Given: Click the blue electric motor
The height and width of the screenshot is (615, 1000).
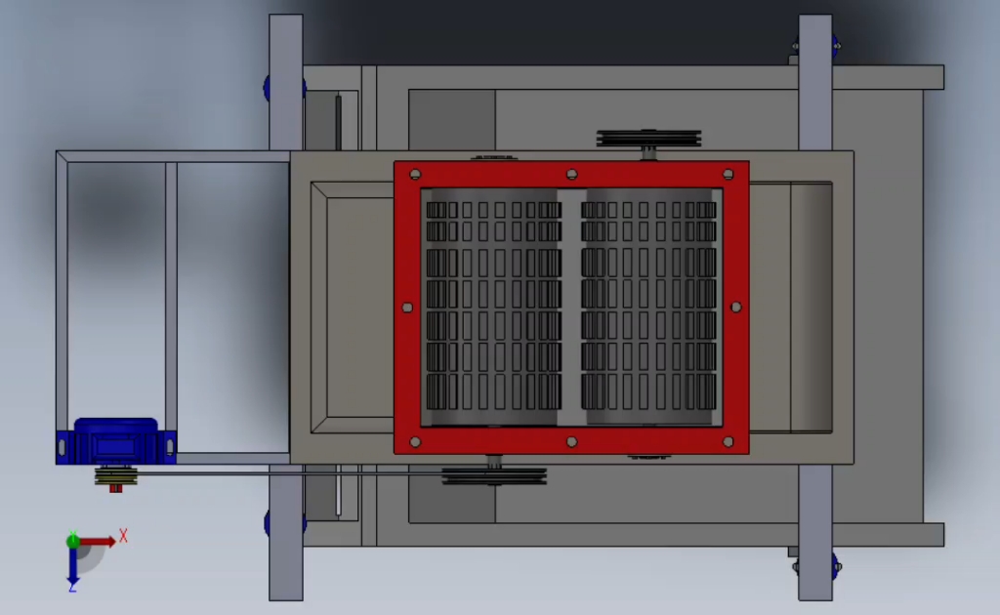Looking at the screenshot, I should [115, 441].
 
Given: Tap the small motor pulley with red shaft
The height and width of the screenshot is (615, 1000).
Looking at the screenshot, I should [116, 478].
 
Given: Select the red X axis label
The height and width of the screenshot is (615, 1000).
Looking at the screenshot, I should [124, 536].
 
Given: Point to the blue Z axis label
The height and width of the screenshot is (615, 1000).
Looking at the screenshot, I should [72, 586].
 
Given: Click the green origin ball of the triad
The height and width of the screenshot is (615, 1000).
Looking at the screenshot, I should [73, 541].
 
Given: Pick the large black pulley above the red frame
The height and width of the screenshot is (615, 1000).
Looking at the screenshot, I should [648, 138].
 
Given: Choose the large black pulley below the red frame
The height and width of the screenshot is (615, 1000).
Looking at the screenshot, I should [494, 476].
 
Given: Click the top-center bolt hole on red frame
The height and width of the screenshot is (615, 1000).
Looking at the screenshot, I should [571, 175].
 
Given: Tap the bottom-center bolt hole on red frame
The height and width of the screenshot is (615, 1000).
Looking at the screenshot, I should [571, 442].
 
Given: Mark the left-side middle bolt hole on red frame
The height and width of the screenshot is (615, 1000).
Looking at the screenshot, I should [408, 307].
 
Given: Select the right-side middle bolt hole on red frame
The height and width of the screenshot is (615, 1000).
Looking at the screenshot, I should [735, 307].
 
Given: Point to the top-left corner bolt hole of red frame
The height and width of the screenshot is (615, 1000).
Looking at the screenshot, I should [415, 175].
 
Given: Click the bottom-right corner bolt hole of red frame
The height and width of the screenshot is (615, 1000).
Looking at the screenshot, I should [728, 442].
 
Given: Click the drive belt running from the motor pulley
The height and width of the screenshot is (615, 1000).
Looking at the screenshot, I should [293, 472].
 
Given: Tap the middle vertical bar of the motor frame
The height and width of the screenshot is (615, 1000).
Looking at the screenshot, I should [171, 303].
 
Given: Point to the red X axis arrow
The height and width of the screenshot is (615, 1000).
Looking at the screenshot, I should [98, 541].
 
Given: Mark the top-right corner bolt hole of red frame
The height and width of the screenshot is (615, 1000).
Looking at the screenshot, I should [728, 175].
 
